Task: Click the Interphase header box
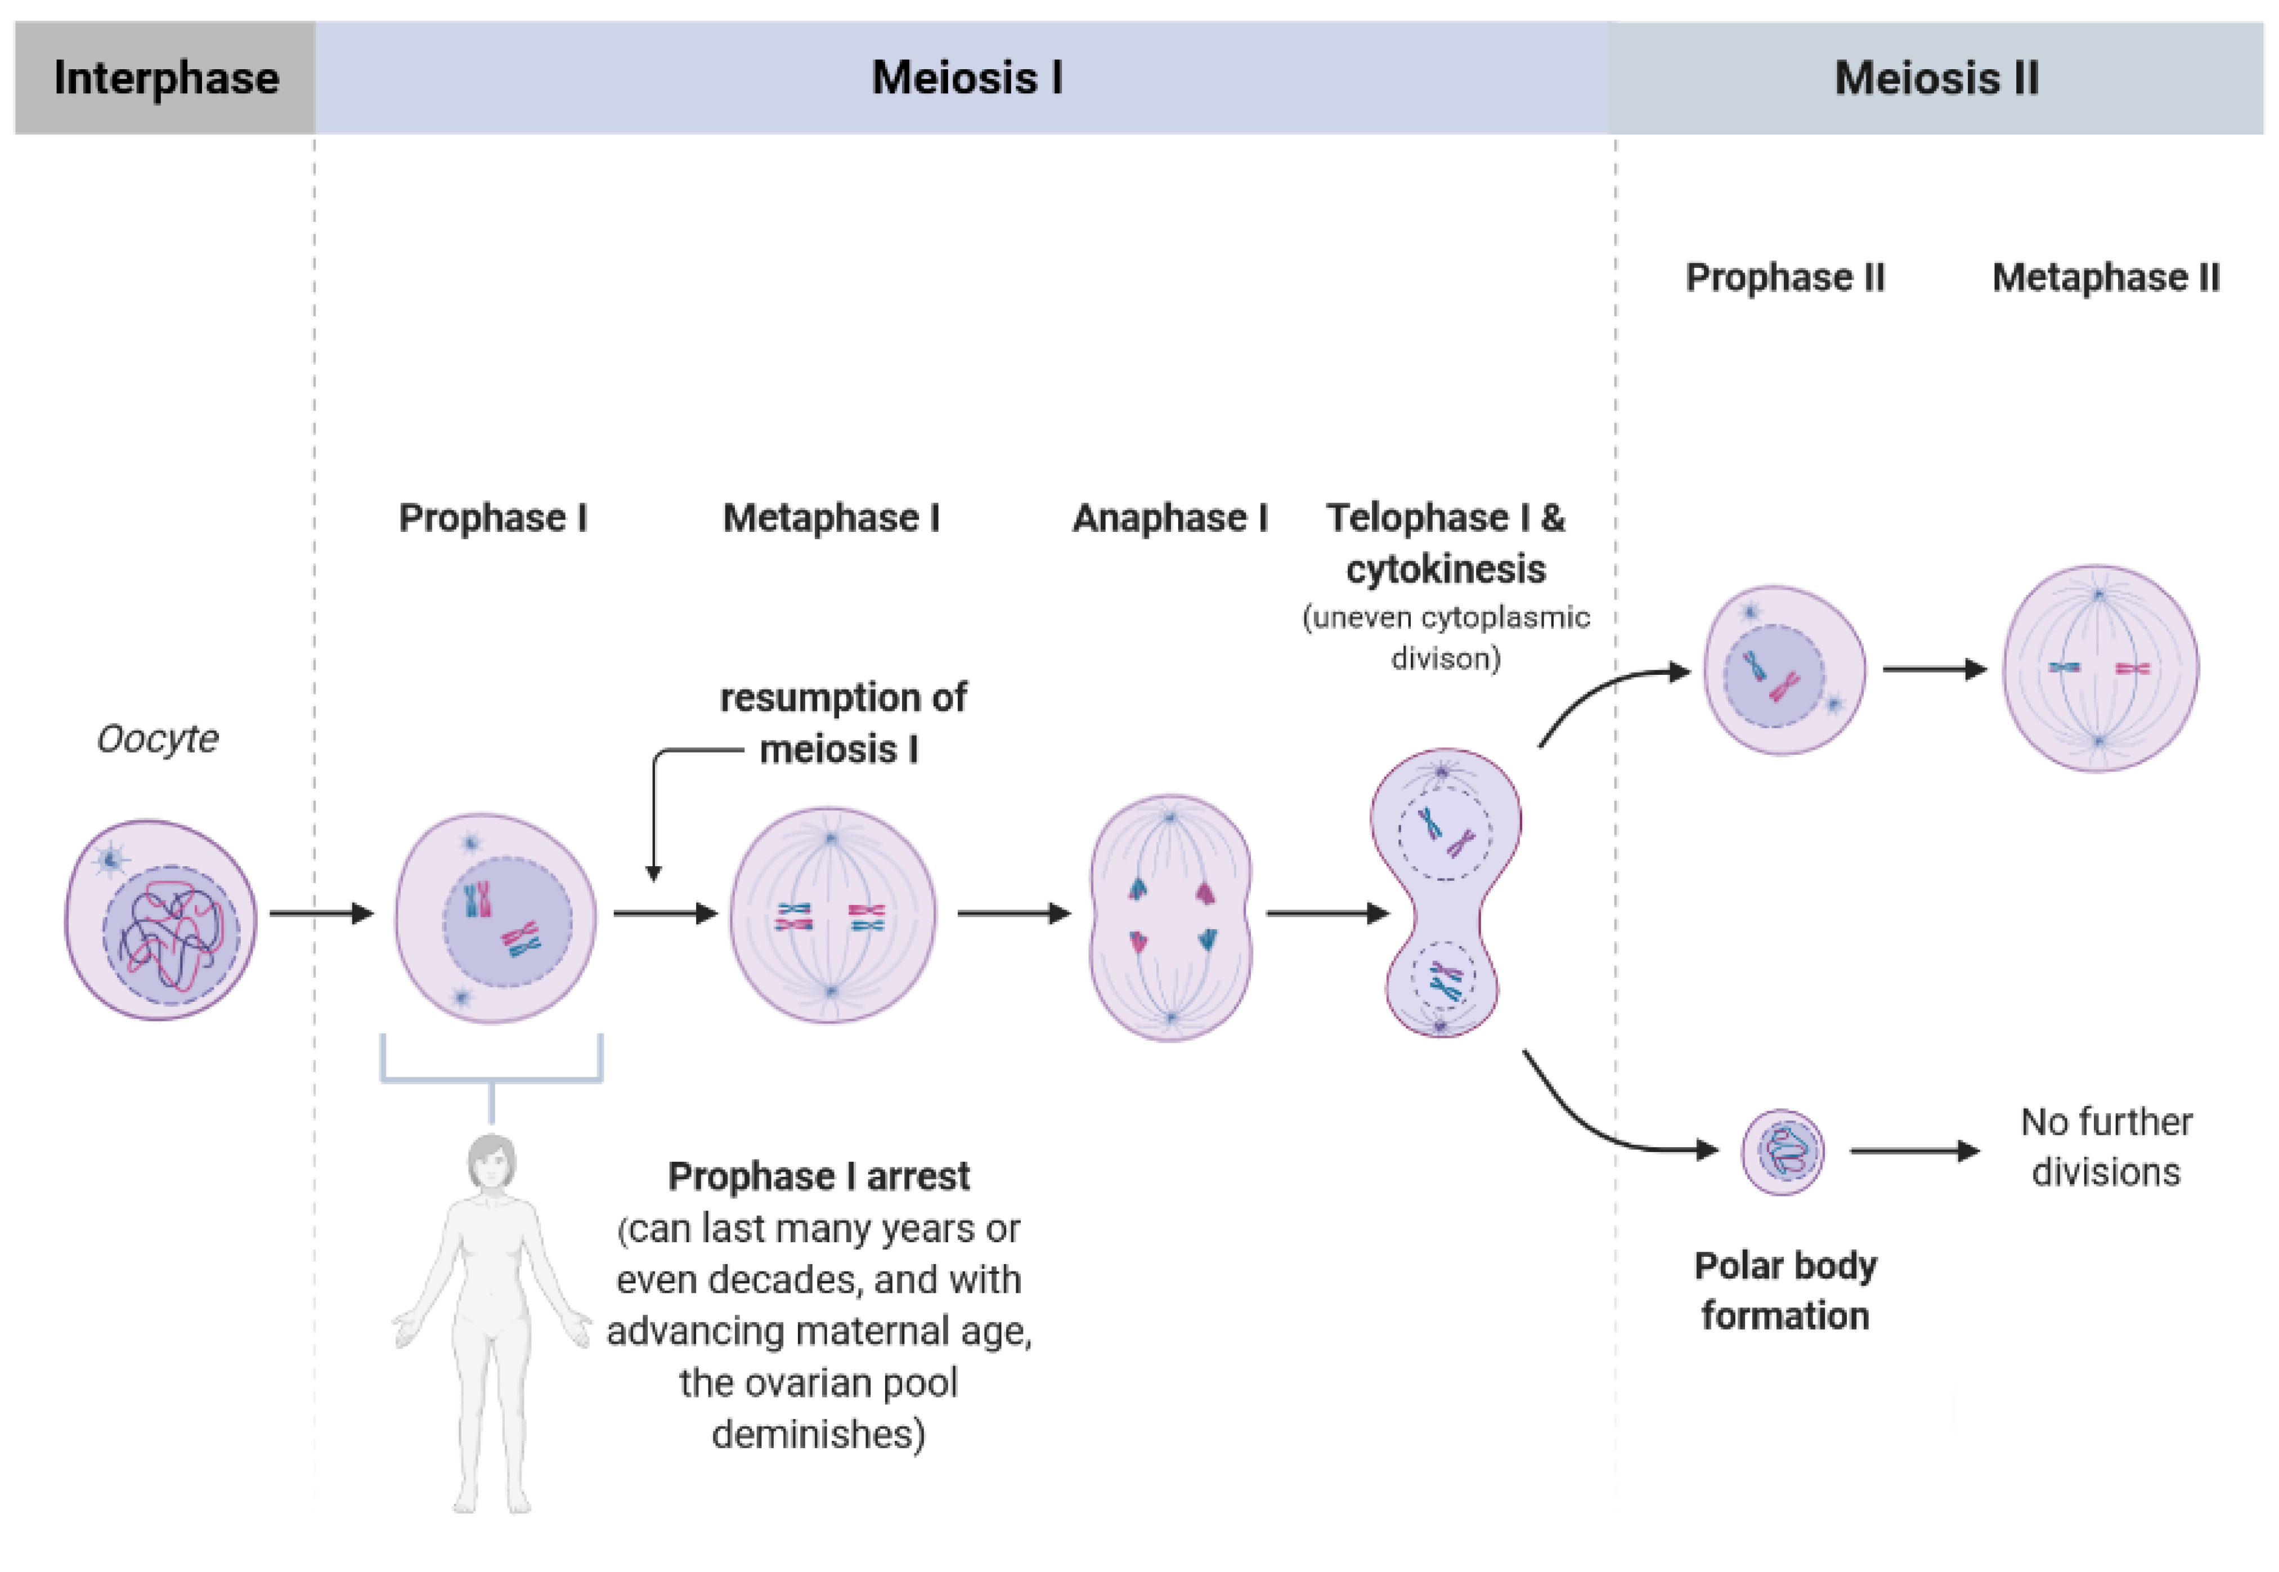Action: (x=165, y=78)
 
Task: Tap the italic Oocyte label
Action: (x=158, y=738)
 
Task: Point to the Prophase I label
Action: (x=492, y=517)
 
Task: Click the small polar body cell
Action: (x=1782, y=1152)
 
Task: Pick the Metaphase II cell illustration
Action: (x=2100, y=669)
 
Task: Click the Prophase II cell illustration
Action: (x=1784, y=671)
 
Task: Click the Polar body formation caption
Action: (x=1785, y=1290)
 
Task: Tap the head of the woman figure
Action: (x=491, y=1162)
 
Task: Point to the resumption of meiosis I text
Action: (x=843, y=723)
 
